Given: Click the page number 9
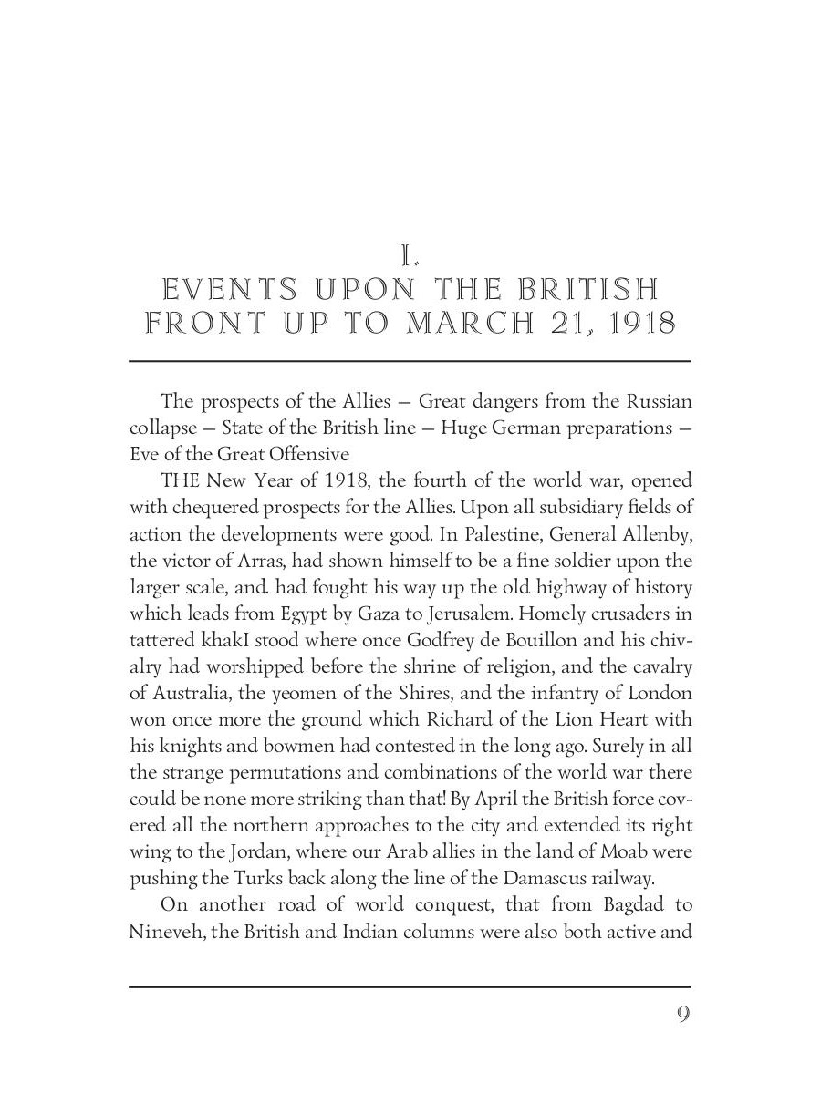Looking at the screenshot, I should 683,1015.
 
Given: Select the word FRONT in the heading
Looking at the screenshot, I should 201,324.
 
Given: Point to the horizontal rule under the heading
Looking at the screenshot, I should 410,361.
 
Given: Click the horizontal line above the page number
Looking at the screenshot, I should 410,986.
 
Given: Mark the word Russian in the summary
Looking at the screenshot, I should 657,400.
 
